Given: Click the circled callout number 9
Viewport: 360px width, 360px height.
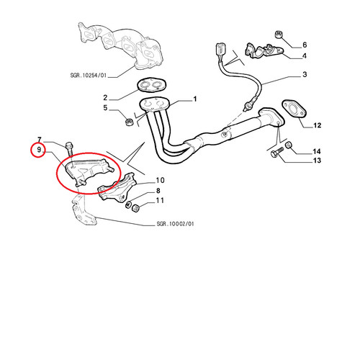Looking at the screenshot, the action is coord(39,150).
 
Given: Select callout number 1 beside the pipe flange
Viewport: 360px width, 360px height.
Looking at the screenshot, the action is coord(195,99).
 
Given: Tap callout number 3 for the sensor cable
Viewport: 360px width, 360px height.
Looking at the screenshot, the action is coord(305,74).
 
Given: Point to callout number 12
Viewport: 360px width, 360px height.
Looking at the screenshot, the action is coord(318,125).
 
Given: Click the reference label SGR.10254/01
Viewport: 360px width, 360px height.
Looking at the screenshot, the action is coord(89,76).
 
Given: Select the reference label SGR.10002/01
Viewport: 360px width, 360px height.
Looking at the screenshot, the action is coord(175,224).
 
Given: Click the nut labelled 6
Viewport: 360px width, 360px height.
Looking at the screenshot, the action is coord(278,35).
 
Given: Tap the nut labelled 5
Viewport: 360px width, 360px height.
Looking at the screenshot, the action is coord(129,122).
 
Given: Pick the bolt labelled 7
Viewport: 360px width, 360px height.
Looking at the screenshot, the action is coord(69,149).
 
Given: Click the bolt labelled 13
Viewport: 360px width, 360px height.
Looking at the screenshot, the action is coord(277,151).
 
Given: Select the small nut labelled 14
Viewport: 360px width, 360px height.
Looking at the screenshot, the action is coord(288,145).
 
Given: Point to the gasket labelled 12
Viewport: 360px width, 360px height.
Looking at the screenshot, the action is coord(294,109).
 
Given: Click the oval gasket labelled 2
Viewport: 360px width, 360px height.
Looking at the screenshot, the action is coord(151,85).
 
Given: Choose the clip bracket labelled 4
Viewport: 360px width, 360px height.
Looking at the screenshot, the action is coord(264,50).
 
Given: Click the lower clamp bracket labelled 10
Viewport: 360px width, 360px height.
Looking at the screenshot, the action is coord(117,189).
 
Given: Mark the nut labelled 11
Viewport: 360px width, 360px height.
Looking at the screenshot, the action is coord(136,209).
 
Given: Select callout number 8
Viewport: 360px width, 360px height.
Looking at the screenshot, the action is coord(158,191).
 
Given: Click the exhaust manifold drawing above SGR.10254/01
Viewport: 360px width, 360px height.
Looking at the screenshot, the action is coord(121,45).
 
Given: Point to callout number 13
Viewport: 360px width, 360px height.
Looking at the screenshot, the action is coord(318,161).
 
